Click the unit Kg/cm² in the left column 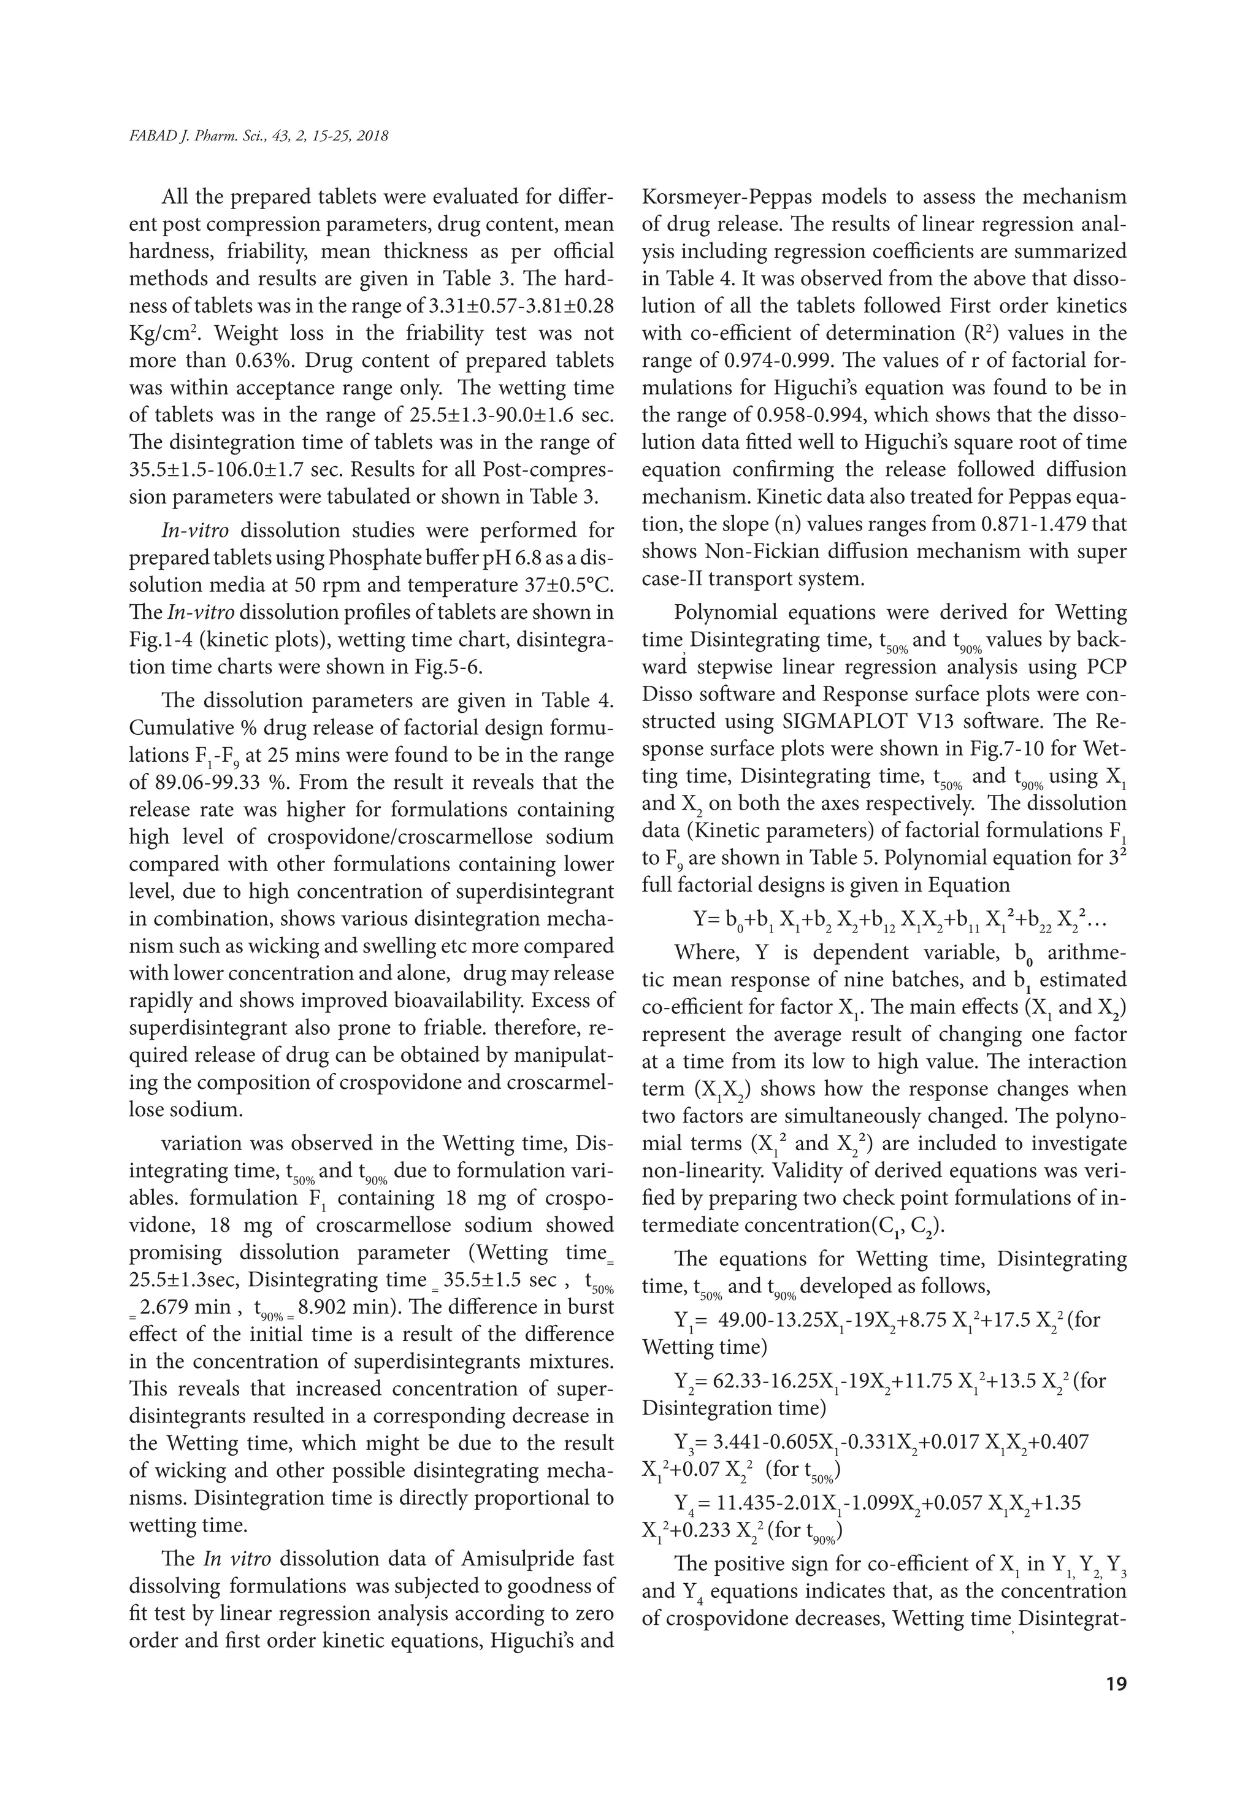tap(163, 333)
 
